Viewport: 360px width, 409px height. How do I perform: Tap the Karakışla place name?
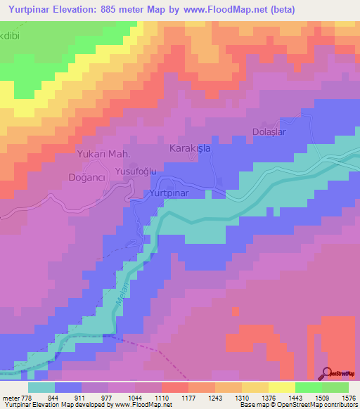[191, 149]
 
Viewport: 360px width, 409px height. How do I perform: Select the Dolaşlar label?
[271, 132]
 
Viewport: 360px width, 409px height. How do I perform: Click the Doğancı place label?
[86, 178]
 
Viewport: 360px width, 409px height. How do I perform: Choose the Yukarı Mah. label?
[104, 153]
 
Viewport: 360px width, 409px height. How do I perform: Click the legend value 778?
[25, 397]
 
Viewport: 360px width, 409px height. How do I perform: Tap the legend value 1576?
[341, 397]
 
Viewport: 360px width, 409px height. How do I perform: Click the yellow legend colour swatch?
[281, 387]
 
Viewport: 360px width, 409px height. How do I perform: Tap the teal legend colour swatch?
[41, 387]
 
